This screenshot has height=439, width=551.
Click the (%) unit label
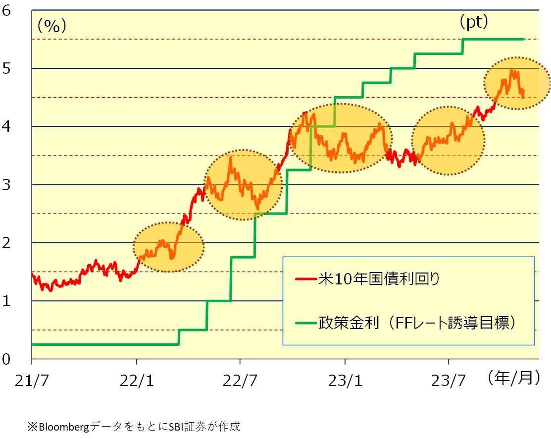coord(51,26)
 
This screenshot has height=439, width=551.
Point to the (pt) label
coord(473,22)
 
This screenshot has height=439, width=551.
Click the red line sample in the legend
coord(306,279)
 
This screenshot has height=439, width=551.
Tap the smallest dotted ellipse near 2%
coord(169,246)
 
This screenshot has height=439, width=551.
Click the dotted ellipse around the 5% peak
coord(517,82)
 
